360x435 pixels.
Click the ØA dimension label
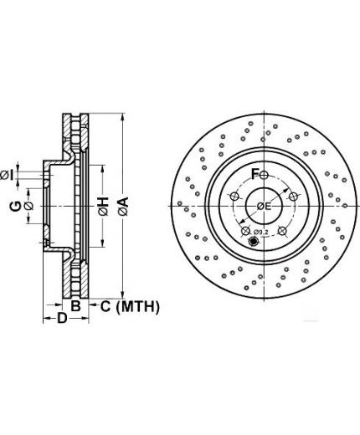click(123, 207)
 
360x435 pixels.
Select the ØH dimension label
click(103, 207)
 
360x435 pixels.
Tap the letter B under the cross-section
click(75, 306)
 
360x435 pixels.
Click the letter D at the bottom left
click(62, 318)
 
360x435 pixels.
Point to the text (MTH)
click(137, 307)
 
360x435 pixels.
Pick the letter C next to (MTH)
click(105, 306)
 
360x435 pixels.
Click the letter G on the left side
click(15, 207)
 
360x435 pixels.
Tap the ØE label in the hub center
click(264, 207)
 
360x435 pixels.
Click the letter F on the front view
click(255, 174)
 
